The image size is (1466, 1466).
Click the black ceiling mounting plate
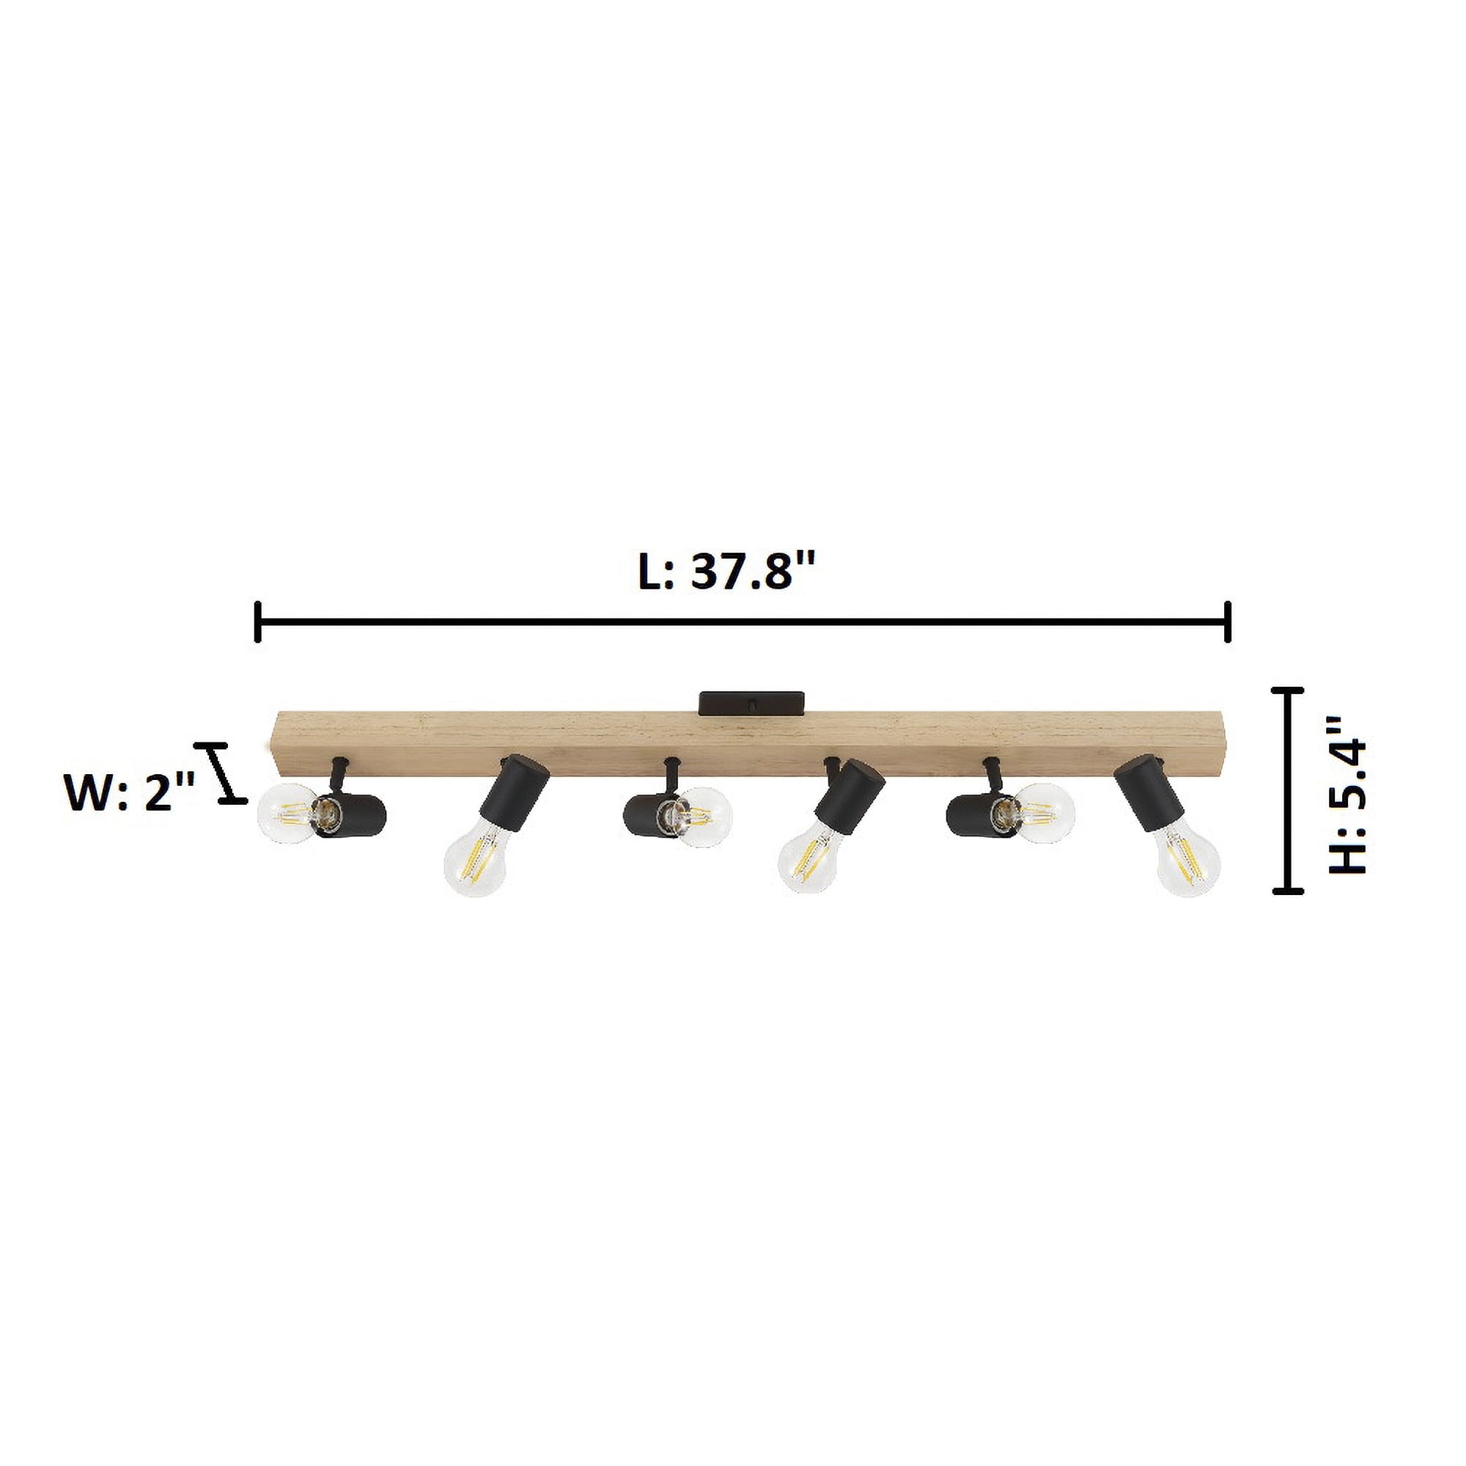[x=751, y=702]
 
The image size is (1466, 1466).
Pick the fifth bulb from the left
[x=1044, y=814]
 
